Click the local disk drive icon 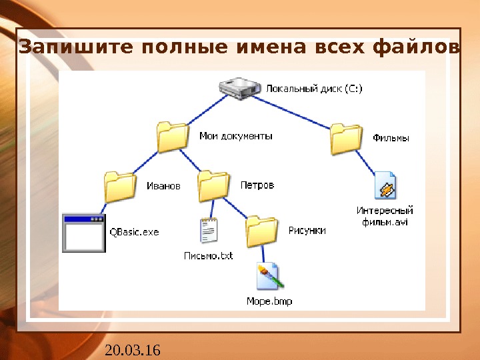click(241, 88)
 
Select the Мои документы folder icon click(173, 137)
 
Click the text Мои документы click(236, 136)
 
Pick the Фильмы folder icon click(347, 139)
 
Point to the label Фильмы click(391, 139)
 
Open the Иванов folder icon click(121, 187)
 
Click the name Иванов click(163, 186)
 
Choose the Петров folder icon click(214, 186)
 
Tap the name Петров click(257, 185)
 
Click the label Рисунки click(307, 231)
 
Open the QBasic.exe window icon click(83, 233)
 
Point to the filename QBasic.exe click(134, 233)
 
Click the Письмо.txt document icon click(209, 231)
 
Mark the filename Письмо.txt click(209, 255)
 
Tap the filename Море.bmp click(269, 301)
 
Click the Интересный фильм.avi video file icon click(385, 186)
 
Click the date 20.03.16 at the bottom click(133, 349)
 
